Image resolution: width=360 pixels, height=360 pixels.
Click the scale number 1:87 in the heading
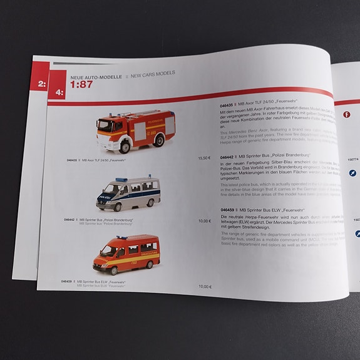81,85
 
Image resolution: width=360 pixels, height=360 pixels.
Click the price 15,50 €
205,158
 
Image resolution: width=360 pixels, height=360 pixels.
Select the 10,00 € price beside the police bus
205,220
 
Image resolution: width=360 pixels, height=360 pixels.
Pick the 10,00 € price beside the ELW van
205,286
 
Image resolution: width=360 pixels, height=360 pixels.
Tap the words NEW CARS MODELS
150,74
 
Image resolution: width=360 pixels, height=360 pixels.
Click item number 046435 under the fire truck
73,160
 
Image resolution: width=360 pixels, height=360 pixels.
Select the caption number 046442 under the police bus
71,219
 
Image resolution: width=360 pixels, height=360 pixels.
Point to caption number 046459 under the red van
68,281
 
